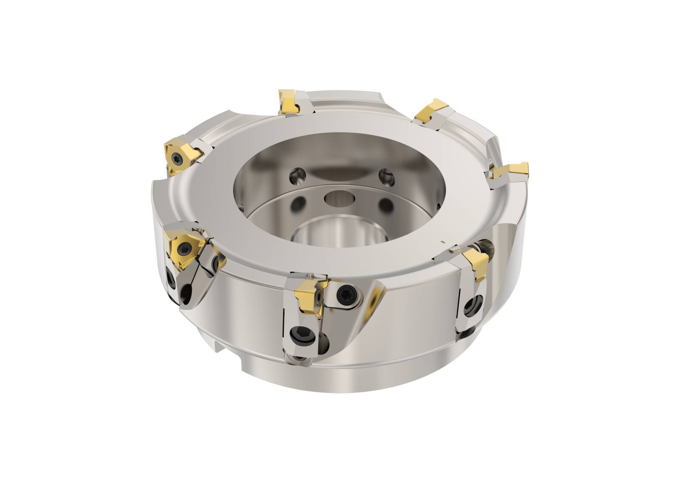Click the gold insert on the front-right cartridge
coord(477,264)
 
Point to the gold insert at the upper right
coord(430,111)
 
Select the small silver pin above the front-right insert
coord(455,248)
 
